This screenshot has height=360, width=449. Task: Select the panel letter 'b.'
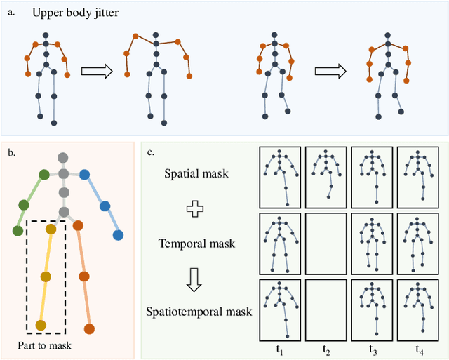click(12, 152)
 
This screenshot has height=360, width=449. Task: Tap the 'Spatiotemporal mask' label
click(198, 311)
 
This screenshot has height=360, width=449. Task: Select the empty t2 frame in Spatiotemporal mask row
click(325, 310)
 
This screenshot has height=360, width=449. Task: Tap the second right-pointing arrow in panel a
click(331, 70)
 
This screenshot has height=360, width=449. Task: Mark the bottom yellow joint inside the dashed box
click(40, 325)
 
